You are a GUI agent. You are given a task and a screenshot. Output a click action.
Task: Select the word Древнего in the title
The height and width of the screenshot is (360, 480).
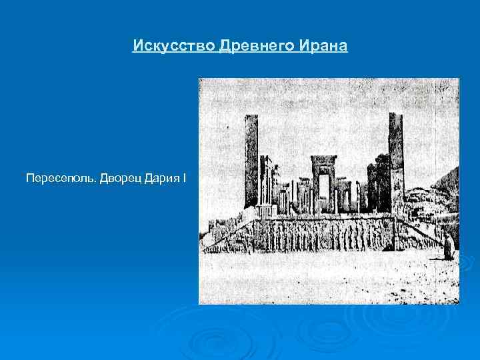[256, 47]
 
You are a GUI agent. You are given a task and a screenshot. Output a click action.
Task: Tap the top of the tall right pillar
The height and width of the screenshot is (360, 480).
[395, 117]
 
